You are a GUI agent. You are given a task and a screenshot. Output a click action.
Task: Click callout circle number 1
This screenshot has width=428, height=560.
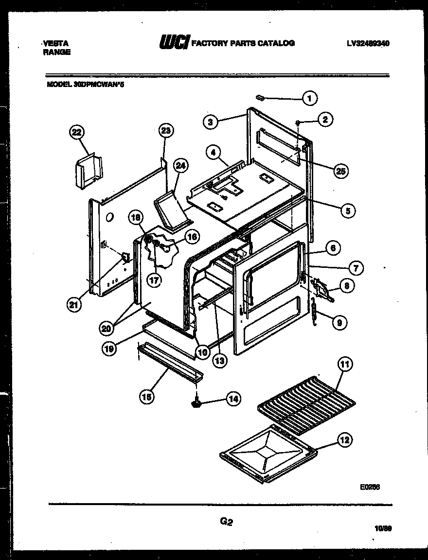pyautogui.click(x=309, y=99)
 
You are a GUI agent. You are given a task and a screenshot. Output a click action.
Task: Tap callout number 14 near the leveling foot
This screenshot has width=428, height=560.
pyautogui.click(x=233, y=399)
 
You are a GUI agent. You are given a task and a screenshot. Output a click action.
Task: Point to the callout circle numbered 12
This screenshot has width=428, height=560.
pyautogui.click(x=344, y=441)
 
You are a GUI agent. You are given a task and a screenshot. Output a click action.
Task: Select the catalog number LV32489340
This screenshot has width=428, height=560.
pyautogui.click(x=368, y=43)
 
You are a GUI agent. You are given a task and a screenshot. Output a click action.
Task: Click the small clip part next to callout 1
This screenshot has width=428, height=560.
pyautogui.click(x=259, y=97)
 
